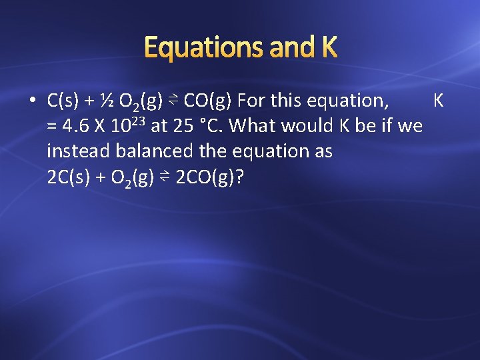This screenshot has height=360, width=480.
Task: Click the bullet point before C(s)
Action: [x=32, y=101]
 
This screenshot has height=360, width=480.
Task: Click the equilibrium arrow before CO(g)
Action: [x=171, y=101]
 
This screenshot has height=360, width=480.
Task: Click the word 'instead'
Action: [x=79, y=151]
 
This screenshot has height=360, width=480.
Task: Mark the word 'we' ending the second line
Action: [x=411, y=126]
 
